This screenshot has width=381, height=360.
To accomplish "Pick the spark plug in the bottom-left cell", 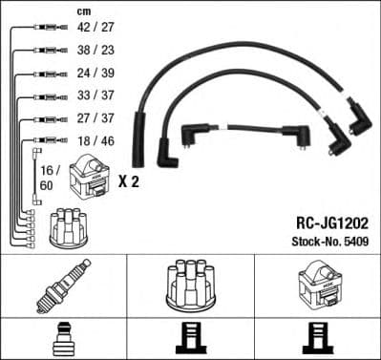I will [x=63, y=286].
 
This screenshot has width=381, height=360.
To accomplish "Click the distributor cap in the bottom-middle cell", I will [x=190, y=284].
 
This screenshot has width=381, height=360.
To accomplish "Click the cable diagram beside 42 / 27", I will [x=38, y=28].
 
